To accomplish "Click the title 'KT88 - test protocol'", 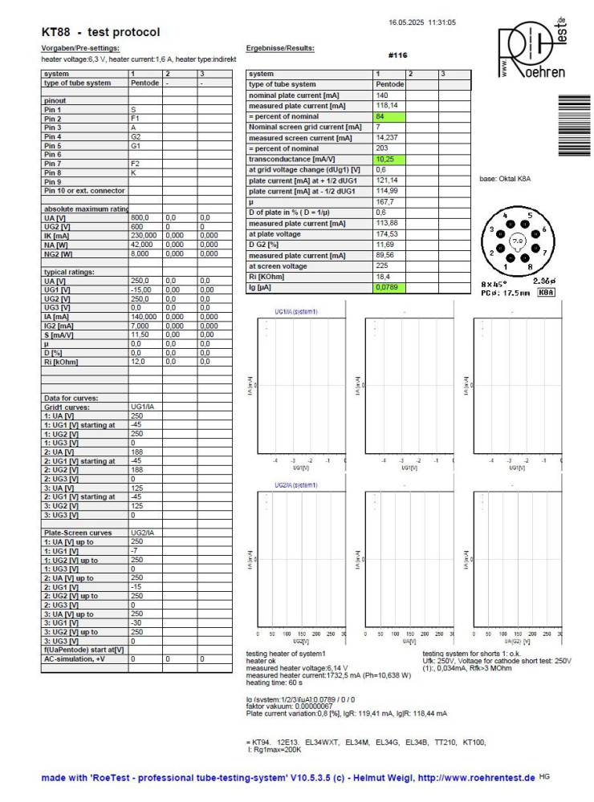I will pos(100,32).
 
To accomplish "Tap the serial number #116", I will pos(397,55).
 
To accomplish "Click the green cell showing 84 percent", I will pos(389,116).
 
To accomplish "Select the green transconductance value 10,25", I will pos(389,159).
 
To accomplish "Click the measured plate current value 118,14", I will pos(389,105).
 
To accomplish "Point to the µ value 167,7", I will pos(389,202).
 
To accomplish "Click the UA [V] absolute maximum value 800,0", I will pos(140,217).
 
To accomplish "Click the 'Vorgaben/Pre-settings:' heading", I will pos(79,49).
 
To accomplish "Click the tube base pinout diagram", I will pos(518,240).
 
